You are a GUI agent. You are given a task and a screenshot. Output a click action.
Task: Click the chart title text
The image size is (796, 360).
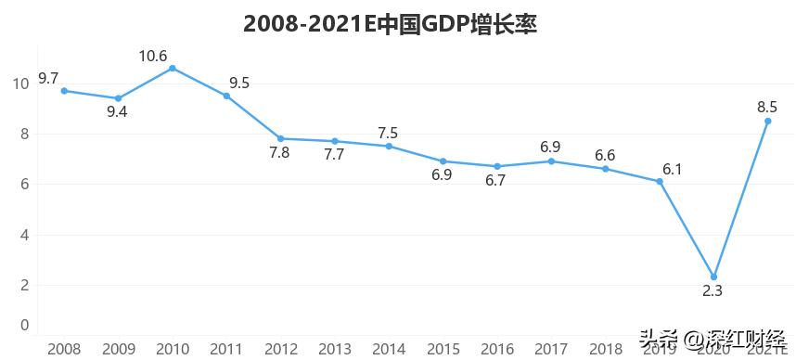(391, 24)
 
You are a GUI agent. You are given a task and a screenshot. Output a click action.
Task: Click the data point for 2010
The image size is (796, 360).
(172, 68)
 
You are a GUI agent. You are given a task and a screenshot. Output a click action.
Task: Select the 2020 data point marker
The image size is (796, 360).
(713, 276)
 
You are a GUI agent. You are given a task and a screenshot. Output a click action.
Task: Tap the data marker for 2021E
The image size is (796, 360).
(767, 121)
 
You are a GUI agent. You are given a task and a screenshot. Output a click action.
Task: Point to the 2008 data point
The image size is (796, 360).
(64, 91)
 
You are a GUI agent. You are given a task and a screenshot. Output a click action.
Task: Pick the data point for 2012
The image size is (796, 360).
(280, 138)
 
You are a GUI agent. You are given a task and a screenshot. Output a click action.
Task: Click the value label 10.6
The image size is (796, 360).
(153, 57)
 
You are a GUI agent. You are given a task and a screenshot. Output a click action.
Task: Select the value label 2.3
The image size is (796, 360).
(713, 291)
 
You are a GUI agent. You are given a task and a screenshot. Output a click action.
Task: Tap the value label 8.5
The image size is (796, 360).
(767, 107)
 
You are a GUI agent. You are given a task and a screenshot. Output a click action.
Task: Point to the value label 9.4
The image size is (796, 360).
(118, 113)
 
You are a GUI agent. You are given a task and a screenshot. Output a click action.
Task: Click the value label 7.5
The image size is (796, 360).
(389, 133)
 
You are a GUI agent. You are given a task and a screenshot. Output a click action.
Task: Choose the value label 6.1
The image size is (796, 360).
(673, 168)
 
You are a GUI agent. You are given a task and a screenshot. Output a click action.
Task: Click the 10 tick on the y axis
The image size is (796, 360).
(21, 84)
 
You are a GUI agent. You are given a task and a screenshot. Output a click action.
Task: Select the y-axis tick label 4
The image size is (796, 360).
(25, 235)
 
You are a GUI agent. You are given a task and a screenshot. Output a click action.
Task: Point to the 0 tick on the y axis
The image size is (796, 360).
(25, 325)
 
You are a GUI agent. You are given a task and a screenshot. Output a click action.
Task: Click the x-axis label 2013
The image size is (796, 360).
(334, 349)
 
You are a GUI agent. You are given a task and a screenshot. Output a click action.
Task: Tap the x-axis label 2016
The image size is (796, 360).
(496, 349)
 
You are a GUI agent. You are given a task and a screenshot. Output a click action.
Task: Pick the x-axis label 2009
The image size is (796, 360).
(118, 349)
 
